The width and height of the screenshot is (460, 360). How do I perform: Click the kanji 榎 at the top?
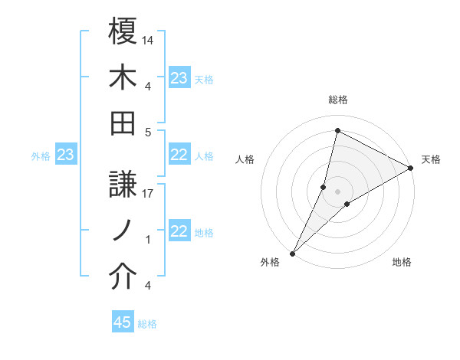click(x=123, y=33)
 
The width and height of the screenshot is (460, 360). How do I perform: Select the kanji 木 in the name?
click(x=123, y=79)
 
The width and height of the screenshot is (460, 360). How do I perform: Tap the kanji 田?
click(x=123, y=123)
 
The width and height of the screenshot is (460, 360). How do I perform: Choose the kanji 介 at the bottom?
click(x=123, y=277)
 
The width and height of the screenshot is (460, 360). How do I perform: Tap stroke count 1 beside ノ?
click(x=148, y=240)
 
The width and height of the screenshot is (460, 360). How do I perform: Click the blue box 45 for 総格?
click(x=123, y=322)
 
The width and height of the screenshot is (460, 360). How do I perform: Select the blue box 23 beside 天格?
click(x=179, y=78)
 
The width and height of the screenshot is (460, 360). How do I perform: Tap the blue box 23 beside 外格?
click(x=66, y=155)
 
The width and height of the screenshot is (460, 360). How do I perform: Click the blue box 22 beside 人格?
click(x=179, y=155)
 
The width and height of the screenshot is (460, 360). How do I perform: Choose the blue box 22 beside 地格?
click(x=179, y=232)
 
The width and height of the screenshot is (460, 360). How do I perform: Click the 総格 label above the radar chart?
click(x=337, y=100)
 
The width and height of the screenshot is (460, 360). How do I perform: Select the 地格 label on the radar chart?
click(x=402, y=262)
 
